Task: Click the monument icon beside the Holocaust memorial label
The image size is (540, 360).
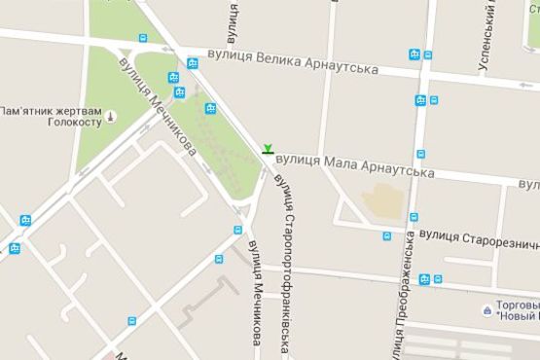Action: pos(110,117)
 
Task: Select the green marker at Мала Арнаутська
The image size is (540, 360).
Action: pos(267,149)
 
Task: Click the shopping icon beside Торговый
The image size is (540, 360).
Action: pos(486,309)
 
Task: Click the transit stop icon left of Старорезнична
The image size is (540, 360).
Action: pos(386,236)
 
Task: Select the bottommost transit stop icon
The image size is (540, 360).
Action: pos(131,320)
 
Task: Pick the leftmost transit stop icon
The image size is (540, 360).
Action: pos(14,248)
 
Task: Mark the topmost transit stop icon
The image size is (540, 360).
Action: pos(143,39)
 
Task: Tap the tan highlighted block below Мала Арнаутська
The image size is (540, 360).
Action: pos(383,200)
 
